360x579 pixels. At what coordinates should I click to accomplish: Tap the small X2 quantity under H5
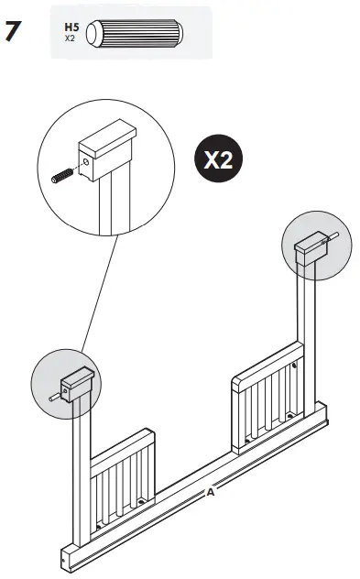70,38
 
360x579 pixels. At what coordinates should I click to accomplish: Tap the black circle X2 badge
217,161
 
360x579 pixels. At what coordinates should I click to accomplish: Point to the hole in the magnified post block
86,164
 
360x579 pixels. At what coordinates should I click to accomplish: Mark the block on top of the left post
77,383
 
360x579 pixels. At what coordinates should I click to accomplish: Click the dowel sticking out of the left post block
54,396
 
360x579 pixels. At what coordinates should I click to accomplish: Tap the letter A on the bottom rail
210,492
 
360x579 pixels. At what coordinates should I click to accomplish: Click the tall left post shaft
79,476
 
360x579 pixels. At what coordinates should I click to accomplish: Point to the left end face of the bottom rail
65,558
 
